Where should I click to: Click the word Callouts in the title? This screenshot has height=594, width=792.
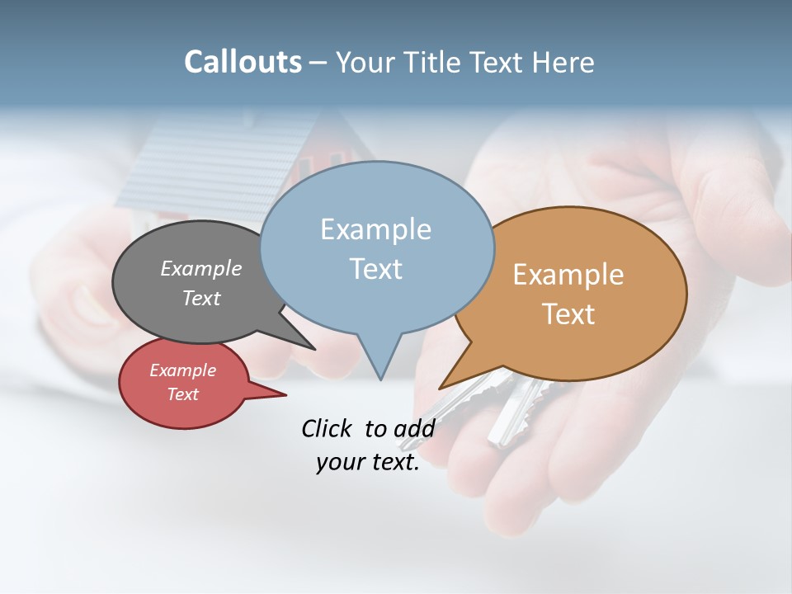tap(243, 62)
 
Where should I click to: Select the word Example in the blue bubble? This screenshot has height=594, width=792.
tap(375, 229)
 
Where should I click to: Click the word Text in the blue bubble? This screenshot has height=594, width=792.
tap(375, 269)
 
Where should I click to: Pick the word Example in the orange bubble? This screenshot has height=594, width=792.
tap(568, 275)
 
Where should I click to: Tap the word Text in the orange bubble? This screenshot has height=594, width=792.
tap(568, 314)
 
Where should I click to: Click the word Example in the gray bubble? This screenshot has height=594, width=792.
tap(201, 269)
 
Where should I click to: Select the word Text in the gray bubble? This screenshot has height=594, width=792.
tap(201, 298)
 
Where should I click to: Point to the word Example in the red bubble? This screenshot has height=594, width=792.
tap(182, 370)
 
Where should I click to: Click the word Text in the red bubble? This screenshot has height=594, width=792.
tap(182, 394)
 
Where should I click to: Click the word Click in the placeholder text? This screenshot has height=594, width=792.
tap(328, 428)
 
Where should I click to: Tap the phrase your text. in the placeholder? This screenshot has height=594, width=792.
tap(367, 462)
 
